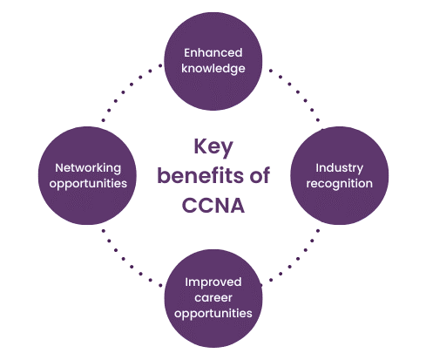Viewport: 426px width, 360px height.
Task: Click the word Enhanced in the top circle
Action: coord(213,53)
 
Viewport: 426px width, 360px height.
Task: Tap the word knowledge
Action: coord(213,69)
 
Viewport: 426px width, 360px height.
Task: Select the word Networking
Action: coord(88,168)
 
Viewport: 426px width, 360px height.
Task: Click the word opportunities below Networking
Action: coord(88,184)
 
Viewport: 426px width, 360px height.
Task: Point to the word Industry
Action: coord(339,168)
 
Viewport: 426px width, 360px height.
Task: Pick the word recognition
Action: coord(339,184)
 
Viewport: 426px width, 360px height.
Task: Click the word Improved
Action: coord(213,282)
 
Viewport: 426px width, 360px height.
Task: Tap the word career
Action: coord(213,298)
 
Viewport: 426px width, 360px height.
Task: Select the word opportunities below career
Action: coord(213,314)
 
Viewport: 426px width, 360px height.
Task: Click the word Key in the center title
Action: coord(213,146)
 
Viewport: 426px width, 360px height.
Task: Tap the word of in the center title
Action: coord(260,175)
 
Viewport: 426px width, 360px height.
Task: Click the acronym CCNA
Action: coord(213,206)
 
